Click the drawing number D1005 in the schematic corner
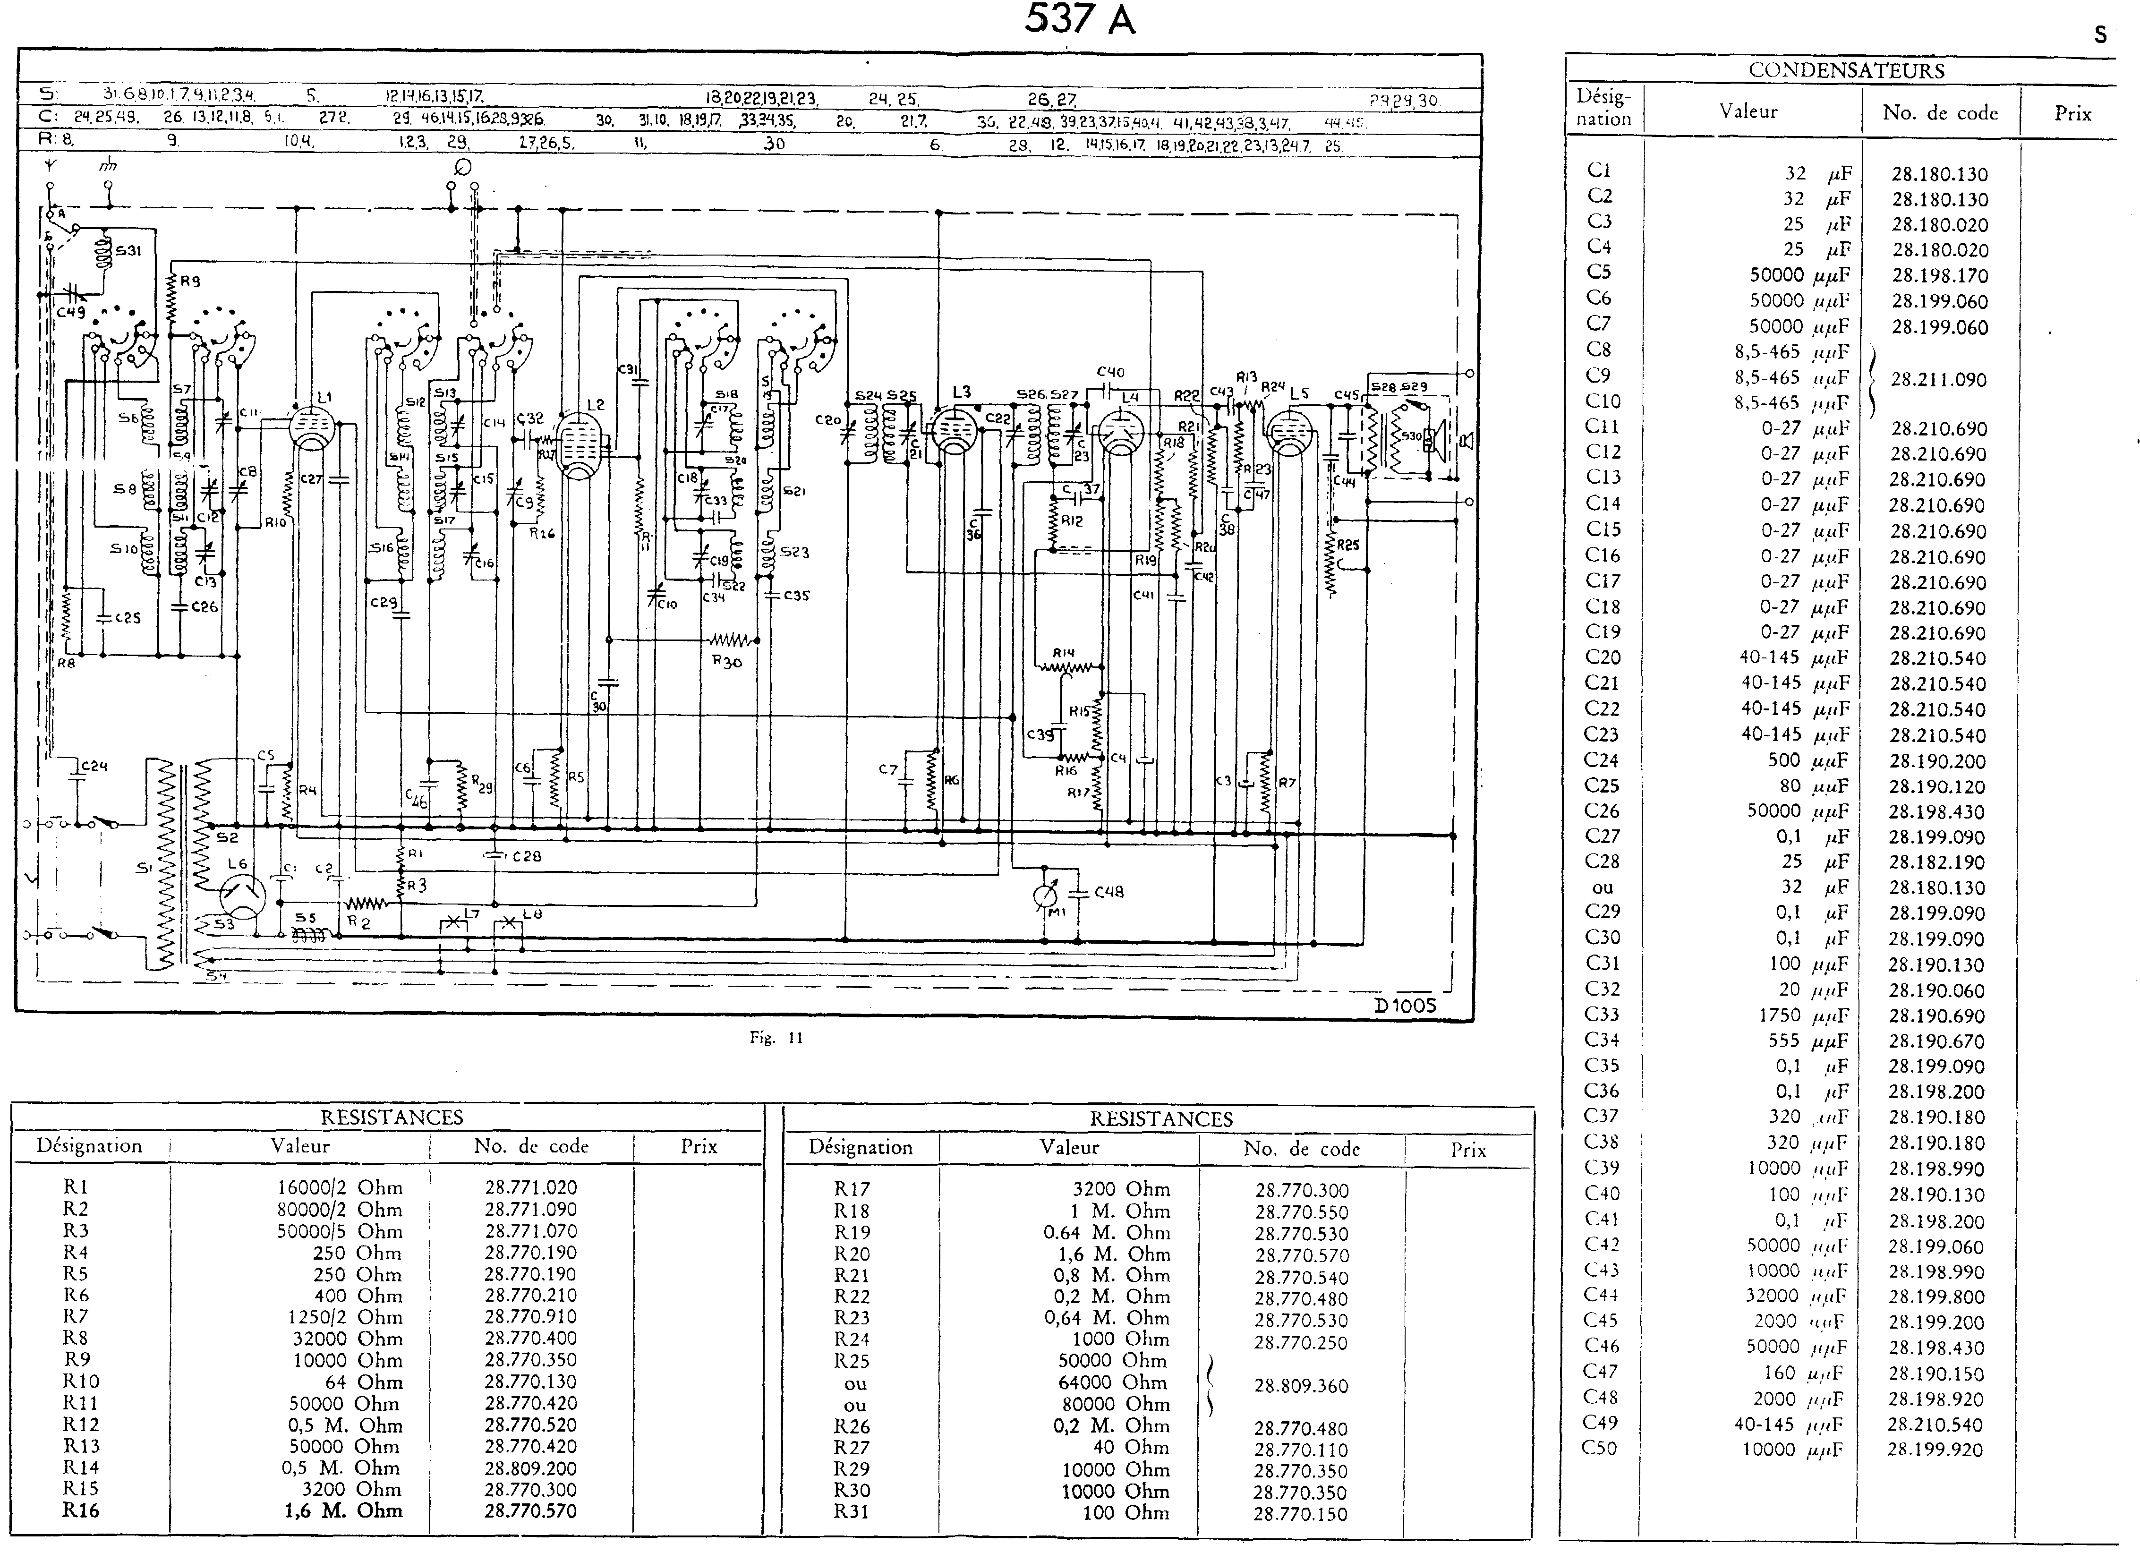(1405, 1006)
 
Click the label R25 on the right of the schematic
(1347, 545)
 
